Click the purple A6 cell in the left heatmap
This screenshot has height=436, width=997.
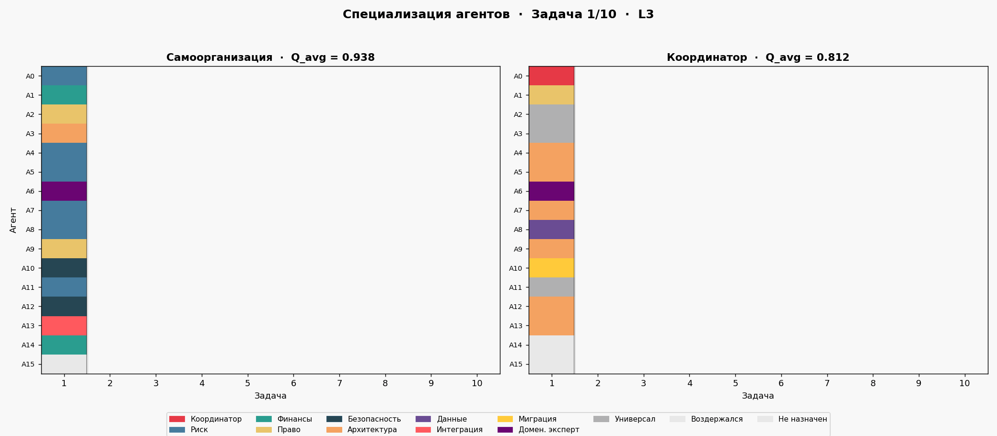[64, 191]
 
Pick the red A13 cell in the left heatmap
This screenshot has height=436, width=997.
[64, 326]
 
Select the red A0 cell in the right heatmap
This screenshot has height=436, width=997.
[551, 76]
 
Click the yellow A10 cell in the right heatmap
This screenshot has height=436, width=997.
[551, 268]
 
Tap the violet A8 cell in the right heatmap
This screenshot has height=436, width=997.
[551, 229]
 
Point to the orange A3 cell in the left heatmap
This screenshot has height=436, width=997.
[64, 133]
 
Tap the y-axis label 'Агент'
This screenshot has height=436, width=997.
[13, 220]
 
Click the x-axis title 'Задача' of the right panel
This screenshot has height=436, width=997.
[758, 396]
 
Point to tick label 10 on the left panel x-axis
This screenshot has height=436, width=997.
[477, 383]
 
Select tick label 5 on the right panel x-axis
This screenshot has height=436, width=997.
[735, 383]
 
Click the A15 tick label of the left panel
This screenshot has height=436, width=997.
[28, 364]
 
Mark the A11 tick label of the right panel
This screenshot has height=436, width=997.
[515, 287]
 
